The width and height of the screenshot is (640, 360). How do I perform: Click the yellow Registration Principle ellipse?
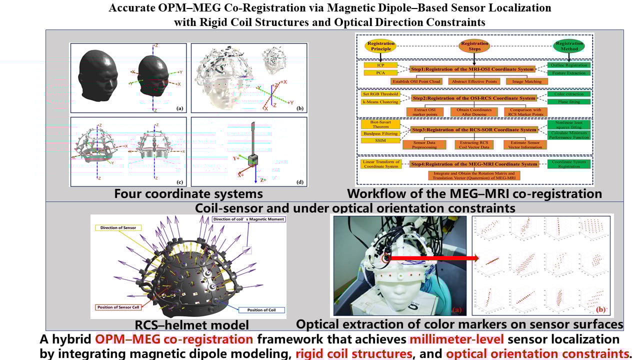point(381,45)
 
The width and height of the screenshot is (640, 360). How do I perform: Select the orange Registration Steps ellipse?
point(474,45)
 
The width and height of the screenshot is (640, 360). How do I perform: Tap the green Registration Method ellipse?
point(569,45)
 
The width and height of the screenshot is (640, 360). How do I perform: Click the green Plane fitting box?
point(569,102)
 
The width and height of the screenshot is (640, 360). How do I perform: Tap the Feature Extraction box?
point(569,73)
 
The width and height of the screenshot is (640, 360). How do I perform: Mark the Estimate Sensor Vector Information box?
point(525,144)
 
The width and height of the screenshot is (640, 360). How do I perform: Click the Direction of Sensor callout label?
point(119,227)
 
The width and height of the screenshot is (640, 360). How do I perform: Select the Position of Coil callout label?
point(261,310)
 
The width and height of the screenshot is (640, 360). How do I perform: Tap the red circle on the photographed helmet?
point(386,258)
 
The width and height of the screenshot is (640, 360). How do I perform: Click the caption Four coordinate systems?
point(188,193)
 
